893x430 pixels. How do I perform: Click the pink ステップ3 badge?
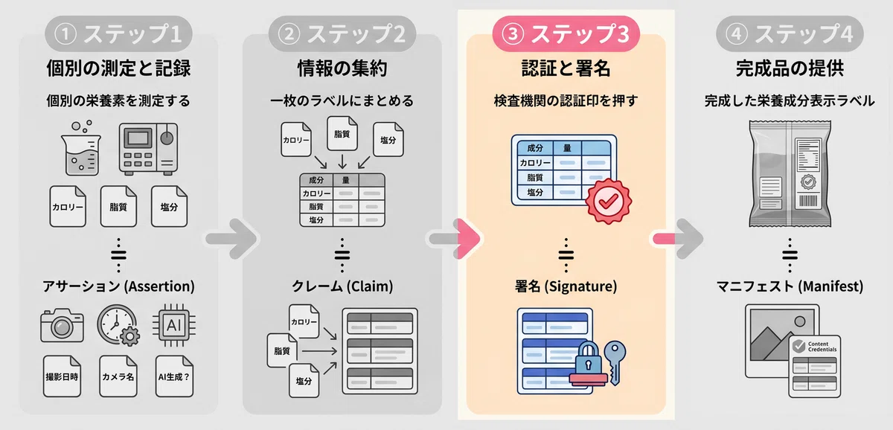click(566, 34)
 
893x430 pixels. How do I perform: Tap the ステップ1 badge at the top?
click(118, 34)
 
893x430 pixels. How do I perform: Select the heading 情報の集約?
click(342, 68)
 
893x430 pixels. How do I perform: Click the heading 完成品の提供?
click(790, 68)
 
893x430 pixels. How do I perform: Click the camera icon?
click(63, 325)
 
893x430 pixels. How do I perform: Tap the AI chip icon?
click(174, 325)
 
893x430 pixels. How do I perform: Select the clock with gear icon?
click(118, 325)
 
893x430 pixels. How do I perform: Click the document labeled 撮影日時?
click(63, 376)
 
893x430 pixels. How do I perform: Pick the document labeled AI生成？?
click(174, 376)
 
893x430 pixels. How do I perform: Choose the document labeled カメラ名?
click(118, 376)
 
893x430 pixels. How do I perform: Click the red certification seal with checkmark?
click(609, 202)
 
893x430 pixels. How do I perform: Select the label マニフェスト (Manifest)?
click(790, 286)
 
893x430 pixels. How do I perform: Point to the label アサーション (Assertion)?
click(118, 286)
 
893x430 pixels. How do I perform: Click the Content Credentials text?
click(822, 347)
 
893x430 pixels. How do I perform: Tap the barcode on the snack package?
click(808, 200)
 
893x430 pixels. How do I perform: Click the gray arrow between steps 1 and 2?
click(232, 239)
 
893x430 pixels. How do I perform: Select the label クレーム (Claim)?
click(342, 286)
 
